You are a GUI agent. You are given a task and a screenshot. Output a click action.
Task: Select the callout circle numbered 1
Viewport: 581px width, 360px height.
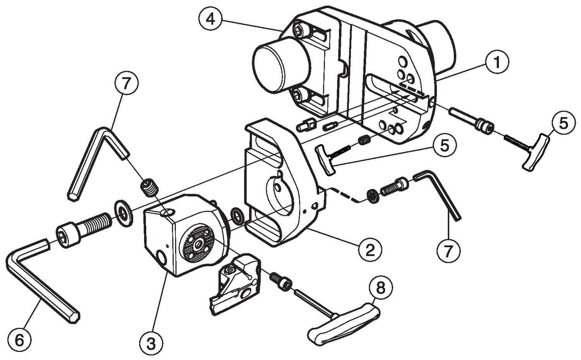click(x=497, y=62)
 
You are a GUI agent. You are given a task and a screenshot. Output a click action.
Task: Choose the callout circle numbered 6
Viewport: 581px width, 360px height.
click(x=19, y=340)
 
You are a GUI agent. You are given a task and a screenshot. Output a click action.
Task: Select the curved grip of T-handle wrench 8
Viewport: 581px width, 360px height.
click(x=344, y=324)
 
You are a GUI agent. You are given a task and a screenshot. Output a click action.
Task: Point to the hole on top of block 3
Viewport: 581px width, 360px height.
click(x=167, y=213)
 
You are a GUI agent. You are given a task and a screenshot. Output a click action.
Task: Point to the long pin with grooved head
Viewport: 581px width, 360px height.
click(x=471, y=121)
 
